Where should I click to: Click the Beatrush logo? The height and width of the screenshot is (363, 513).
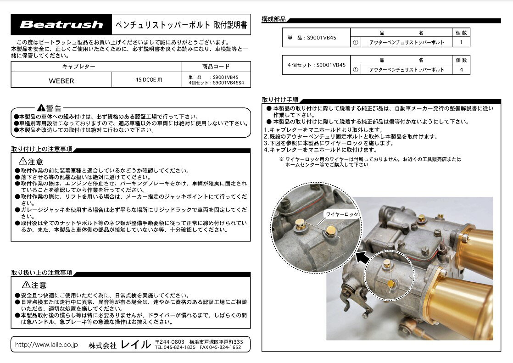(61, 24)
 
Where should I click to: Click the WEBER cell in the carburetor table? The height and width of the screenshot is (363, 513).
(61, 80)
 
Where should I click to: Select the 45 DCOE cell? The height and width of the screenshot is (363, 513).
(149, 79)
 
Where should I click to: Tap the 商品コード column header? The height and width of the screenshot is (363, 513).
(216, 67)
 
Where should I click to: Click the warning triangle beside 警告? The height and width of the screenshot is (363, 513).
(41, 107)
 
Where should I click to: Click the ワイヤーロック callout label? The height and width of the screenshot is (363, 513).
(342, 214)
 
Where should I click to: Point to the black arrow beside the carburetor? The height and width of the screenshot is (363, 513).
(363, 257)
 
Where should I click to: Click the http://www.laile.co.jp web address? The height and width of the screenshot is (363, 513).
(46, 344)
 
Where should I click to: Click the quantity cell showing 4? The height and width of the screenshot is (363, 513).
(461, 70)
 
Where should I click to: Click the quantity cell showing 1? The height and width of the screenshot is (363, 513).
(461, 42)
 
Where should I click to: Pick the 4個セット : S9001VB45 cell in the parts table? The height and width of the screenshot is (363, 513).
(316, 65)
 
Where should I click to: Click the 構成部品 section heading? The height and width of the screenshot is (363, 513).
(273, 19)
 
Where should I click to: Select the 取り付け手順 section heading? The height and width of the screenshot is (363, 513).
(280, 100)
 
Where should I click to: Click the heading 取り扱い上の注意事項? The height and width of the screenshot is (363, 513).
(42, 273)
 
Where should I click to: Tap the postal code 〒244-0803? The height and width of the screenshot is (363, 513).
(170, 342)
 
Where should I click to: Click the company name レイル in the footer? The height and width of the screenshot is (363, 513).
(136, 344)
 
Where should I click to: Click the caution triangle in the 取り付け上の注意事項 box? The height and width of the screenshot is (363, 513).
(22, 161)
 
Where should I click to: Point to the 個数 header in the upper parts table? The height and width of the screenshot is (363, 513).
(461, 33)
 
